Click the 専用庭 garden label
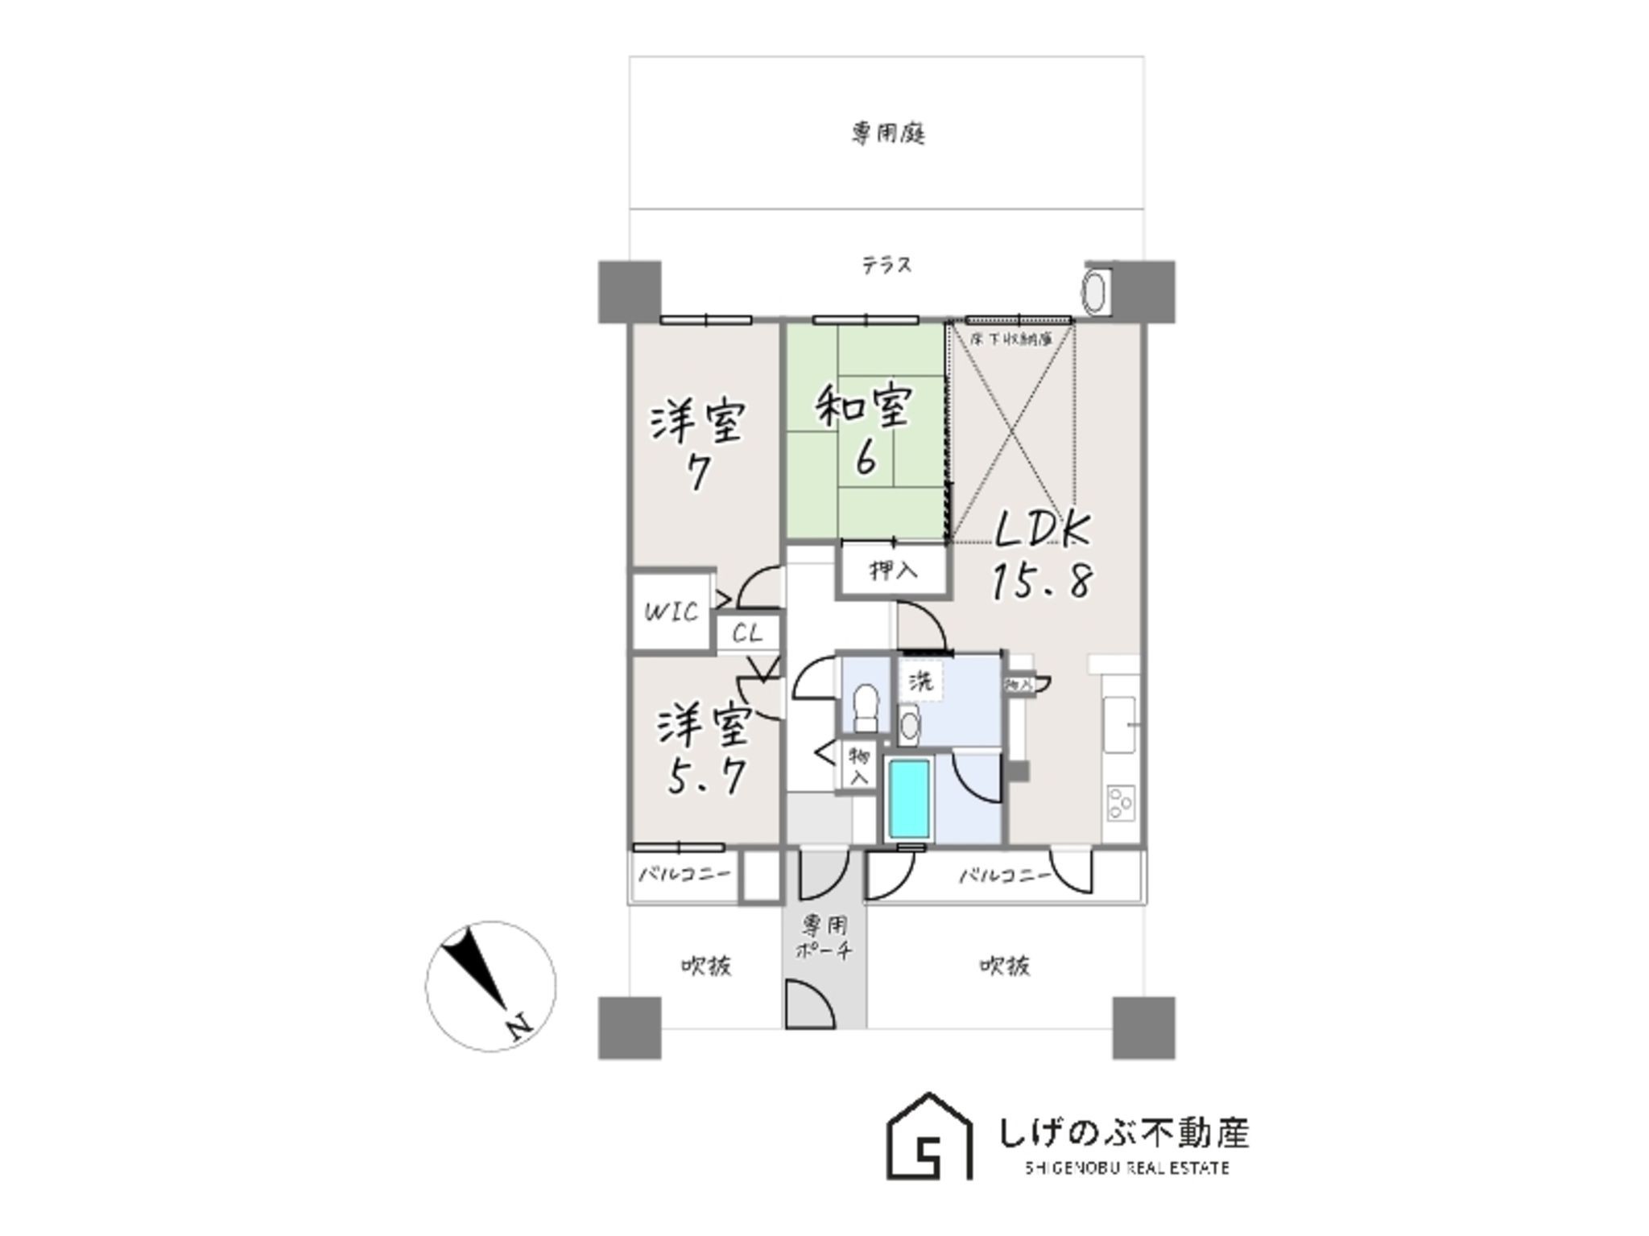887,133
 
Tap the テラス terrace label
886,265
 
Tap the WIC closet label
671,612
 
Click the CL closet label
747,633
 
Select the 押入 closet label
893,571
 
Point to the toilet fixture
866,706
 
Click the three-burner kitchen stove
1121,801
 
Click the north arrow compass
490,986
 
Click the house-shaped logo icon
929,1136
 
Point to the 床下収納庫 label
1011,340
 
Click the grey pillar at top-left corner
630,291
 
